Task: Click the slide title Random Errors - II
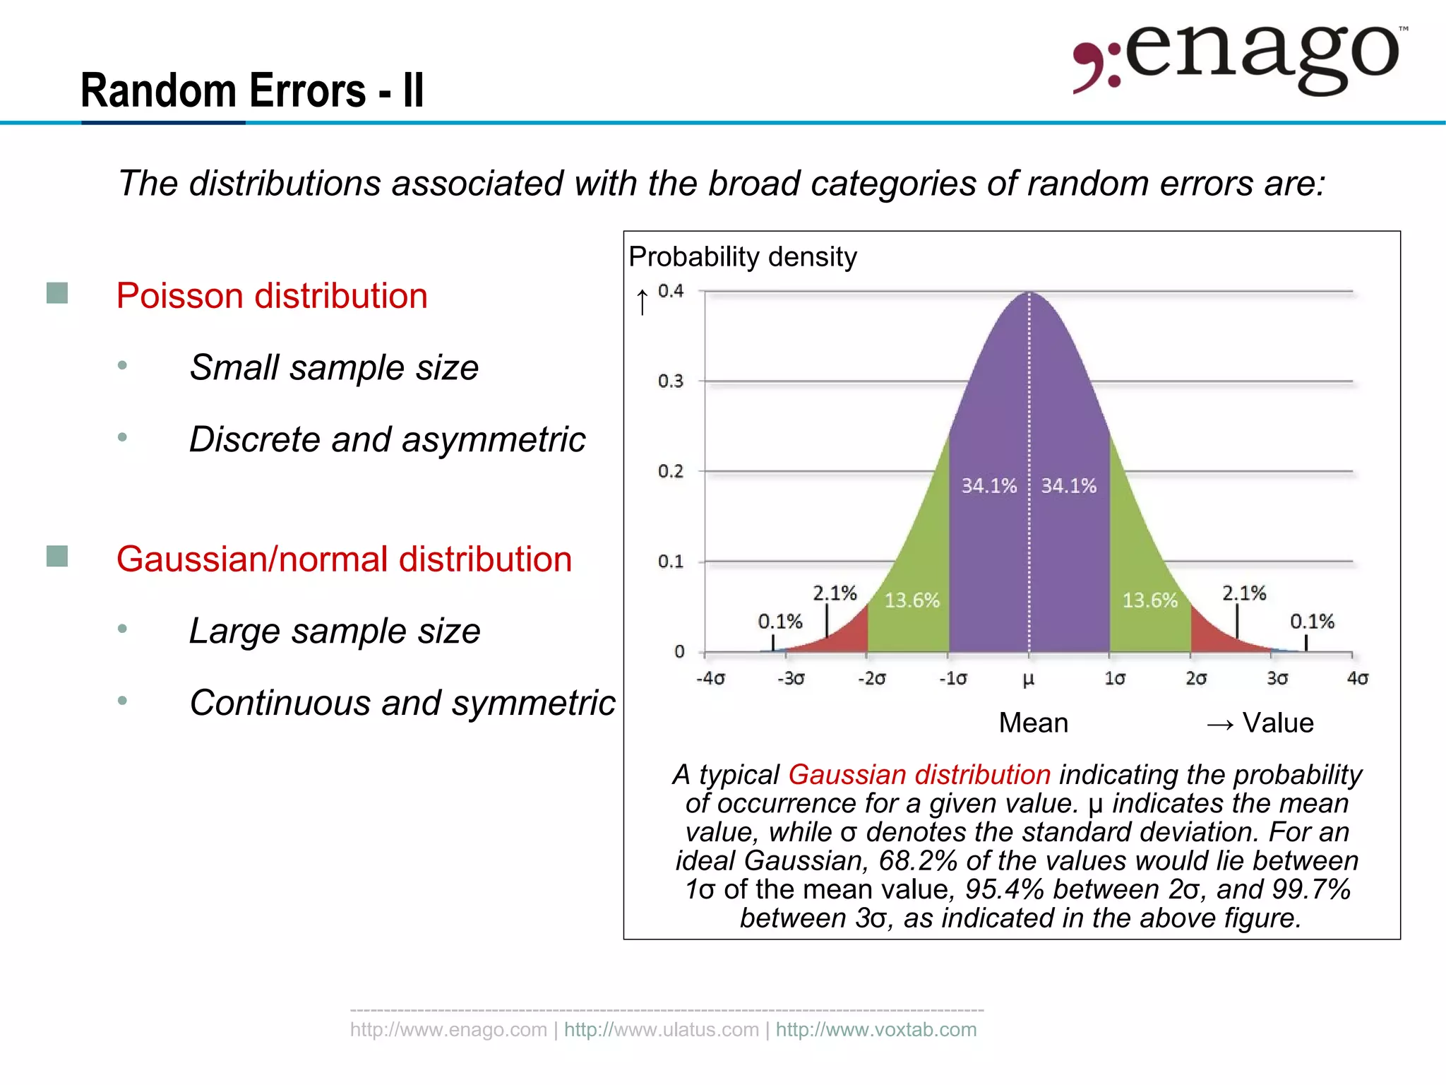click(x=252, y=90)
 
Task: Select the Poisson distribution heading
click(x=272, y=295)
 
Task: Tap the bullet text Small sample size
click(x=334, y=367)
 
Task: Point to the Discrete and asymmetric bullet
click(x=387, y=439)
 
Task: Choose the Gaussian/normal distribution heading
click(x=344, y=559)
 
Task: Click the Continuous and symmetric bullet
click(x=402, y=703)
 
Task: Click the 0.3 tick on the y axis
click(x=670, y=381)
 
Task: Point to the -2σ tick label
click(x=871, y=679)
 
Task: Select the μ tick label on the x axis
click(x=1028, y=679)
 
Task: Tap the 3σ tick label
click(x=1277, y=679)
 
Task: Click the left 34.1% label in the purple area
click(x=988, y=486)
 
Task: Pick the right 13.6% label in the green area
click(x=1149, y=600)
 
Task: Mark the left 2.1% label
click(x=834, y=593)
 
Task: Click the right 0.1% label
click(x=1312, y=622)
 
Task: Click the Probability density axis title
click(x=742, y=256)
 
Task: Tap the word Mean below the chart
click(x=1033, y=723)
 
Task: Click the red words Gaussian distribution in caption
click(x=919, y=775)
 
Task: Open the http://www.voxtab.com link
click(x=876, y=1030)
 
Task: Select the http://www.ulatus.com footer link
click(x=661, y=1030)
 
